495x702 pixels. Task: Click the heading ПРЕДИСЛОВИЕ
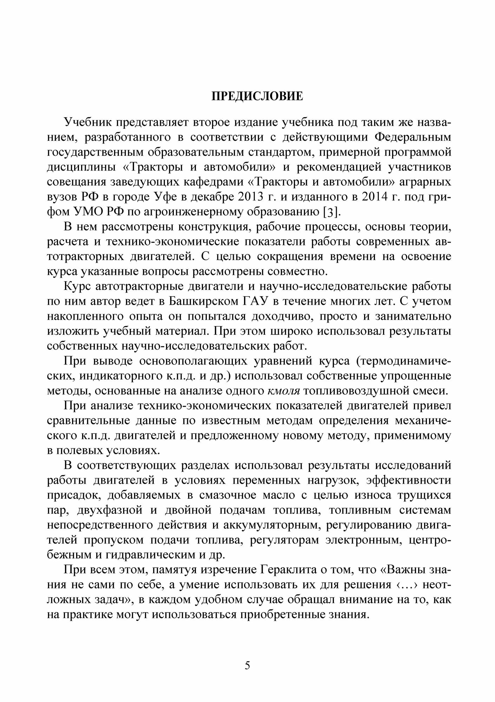[x=257, y=96]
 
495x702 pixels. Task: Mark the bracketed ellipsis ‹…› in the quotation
[x=407, y=585]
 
